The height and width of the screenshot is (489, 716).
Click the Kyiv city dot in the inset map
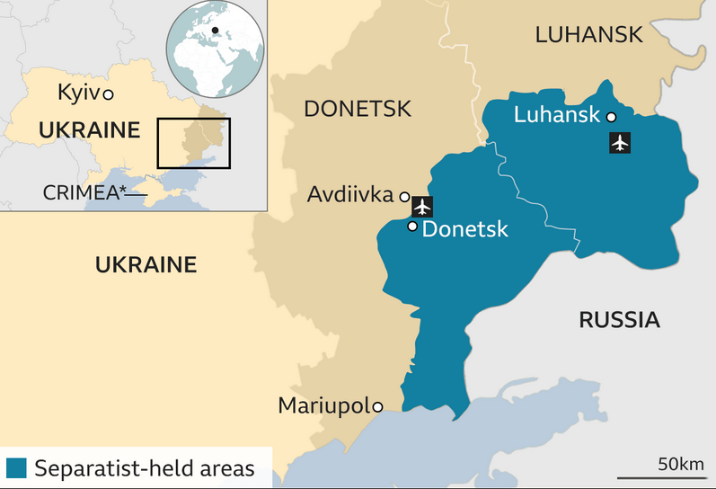click(108, 93)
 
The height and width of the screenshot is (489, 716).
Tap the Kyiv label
click(78, 93)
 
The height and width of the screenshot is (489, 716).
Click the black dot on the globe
click(216, 31)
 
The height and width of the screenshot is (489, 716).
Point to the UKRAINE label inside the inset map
click(90, 130)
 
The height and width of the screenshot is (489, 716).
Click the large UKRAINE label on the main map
click(146, 264)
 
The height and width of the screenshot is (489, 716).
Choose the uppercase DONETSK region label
click(358, 109)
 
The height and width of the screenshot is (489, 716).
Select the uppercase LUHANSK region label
click(588, 35)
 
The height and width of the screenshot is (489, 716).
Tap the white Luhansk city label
click(557, 115)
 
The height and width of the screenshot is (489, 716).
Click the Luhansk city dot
click(611, 116)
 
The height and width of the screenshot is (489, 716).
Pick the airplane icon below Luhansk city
click(620, 142)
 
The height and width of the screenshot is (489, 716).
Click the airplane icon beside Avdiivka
click(422, 206)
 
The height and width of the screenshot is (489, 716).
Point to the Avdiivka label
click(351, 194)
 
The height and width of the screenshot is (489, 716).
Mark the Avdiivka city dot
click(404, 196)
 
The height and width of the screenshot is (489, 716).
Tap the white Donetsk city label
click(464, 229)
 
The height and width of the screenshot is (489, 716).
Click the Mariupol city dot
click(378, 407)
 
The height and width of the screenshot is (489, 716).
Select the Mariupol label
click(324, 405)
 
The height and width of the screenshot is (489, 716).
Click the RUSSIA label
click(619, 319)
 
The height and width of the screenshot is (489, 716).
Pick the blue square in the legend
click(16, 468)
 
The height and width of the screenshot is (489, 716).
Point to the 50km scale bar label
click(680, 464)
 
